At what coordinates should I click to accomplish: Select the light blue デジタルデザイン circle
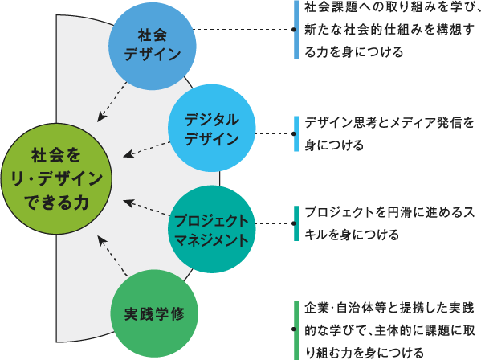point(211,129)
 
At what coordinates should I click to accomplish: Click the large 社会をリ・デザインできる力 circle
point(55,178)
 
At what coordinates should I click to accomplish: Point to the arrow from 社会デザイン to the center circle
point(112,100)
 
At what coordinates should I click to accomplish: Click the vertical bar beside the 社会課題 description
point(296,29)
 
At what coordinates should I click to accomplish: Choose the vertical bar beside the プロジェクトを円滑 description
point(296,224)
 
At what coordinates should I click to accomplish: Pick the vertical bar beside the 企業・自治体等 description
point(296,329)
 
